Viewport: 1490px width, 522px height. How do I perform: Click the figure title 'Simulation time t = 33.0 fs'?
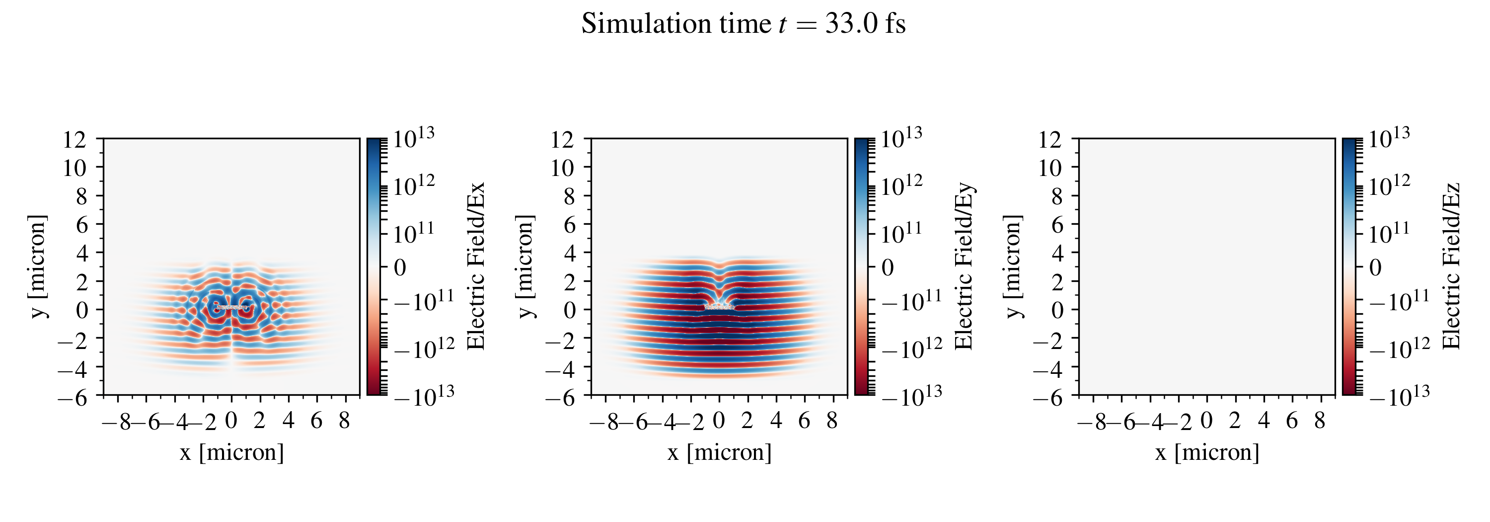(x=744, y=24)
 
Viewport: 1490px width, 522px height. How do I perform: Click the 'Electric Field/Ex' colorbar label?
(x=475, y=266)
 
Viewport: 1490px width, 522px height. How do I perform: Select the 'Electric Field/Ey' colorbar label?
(x=964, y=266)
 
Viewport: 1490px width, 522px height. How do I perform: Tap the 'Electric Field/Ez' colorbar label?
(x=1452, y=266)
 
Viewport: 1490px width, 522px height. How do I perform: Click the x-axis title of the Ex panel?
(x=231, y=452)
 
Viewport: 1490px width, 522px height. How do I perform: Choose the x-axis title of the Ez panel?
(x=1207, y=452)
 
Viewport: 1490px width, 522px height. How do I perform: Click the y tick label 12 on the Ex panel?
(x=75, y=140)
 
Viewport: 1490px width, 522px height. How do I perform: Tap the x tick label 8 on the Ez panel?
(x=1319, y=421)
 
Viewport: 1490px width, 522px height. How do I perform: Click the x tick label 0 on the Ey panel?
(x=719, y=421)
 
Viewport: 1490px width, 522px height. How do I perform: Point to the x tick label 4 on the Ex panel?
(x=288, y=421)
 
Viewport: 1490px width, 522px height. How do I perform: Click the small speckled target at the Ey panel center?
(x=719, y=307)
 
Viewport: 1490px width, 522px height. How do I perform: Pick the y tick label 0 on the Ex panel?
(x=81, y=310)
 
